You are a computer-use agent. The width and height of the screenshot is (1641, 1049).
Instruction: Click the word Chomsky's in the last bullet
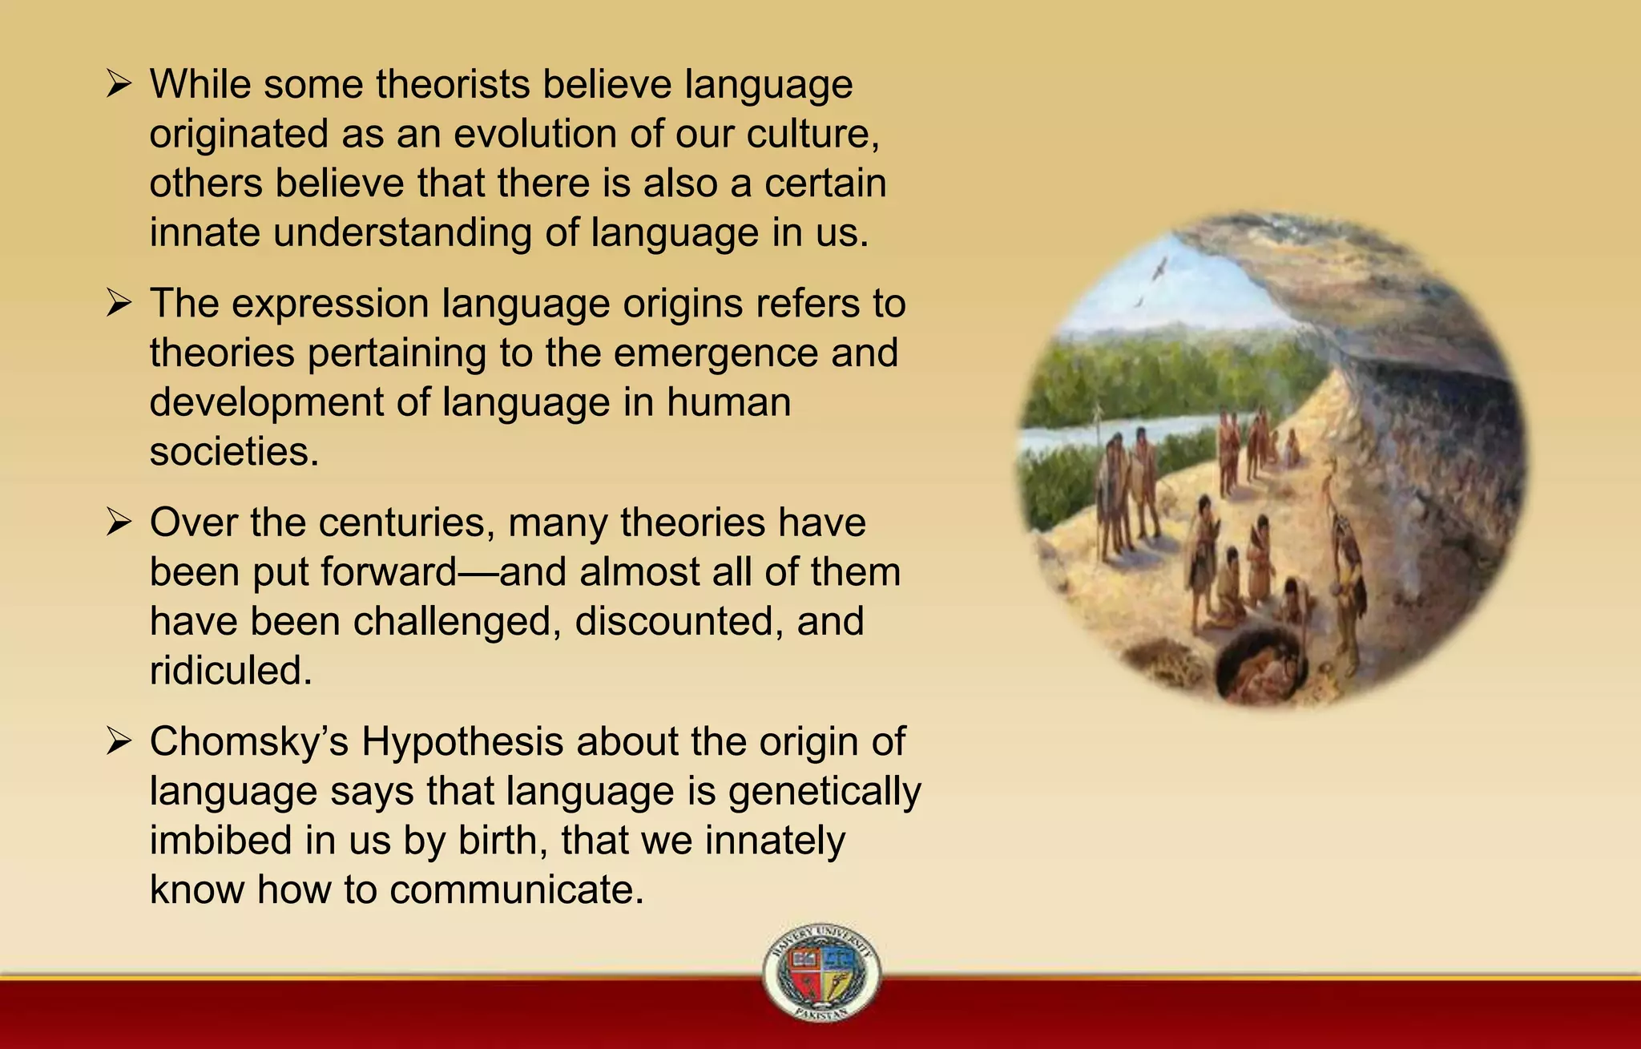[248, 741]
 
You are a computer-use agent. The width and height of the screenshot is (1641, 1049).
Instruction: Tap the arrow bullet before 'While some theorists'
[119, 83]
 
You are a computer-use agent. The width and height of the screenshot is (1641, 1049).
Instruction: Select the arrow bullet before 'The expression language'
[119, 303]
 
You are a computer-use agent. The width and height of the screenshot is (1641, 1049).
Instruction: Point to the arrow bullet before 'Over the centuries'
[119, 522]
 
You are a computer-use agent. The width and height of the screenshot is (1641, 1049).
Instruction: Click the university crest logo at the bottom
[821, 971]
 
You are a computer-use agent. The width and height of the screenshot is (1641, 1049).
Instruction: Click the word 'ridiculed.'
[231, 670]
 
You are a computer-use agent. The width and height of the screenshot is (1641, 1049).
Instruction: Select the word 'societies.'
[234, 451]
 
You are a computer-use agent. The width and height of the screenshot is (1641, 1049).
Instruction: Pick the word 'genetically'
[825, 792]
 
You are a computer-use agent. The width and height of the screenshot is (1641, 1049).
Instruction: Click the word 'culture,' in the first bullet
[812, 134]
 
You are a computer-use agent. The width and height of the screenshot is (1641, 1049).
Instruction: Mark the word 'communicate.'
[517, 890]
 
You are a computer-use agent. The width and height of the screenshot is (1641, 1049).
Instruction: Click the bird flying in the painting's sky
[1159, 268]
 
